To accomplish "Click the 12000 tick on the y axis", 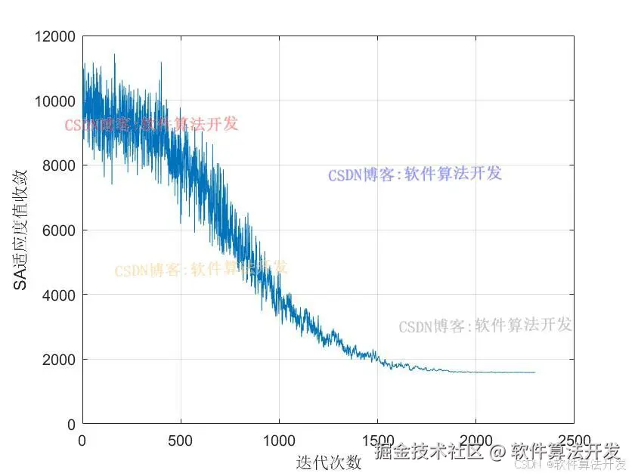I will click(x=55, y=36).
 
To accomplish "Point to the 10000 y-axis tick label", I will click(x=55, y=100).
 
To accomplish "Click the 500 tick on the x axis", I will click(x=181, y=439).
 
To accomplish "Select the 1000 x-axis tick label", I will click(x=279, y=439).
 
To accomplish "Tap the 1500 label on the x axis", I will click(x=377, y=439).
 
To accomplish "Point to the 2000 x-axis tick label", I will click(x=475, y=439).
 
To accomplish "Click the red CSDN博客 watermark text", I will click(x=151, y=124).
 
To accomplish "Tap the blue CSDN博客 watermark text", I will click(x=415, y=175).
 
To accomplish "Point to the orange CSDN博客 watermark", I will click(x=201, y=269).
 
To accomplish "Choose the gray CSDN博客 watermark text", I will click(x=485, y=326).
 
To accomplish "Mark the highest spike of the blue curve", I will click(x=114, y=54).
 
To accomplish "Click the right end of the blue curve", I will click(x=534, y=372).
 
